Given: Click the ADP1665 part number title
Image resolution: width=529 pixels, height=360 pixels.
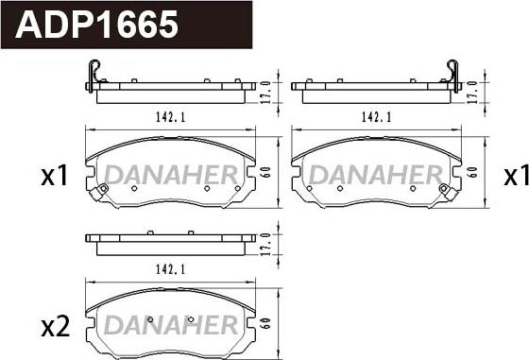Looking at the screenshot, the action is point(96,25).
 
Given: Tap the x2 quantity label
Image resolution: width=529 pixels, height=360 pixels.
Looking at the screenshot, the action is point(56,327).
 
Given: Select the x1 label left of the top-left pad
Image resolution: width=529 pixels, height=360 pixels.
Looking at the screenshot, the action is point(55,176).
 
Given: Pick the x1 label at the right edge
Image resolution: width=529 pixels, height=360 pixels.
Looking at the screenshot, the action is point(516,176).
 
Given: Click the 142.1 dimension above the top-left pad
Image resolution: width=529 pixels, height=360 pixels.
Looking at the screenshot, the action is point(171,117).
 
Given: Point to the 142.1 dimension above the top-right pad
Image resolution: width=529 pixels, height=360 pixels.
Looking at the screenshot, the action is point(377,117).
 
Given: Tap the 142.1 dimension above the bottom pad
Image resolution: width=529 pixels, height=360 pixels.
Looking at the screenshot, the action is point(171,269).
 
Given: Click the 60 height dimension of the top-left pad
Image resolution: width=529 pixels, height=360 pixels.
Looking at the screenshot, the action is point(266,172).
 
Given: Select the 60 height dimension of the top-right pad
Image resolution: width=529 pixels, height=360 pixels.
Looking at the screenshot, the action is point(473,172).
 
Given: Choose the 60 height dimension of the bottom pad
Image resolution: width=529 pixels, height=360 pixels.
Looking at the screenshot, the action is point(266,323).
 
